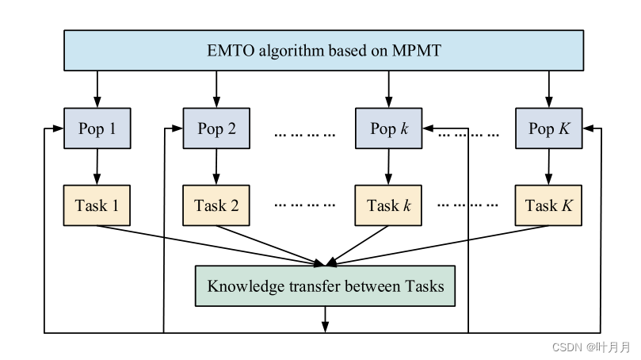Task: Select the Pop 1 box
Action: point(97,128)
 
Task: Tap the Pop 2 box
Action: point(216,128)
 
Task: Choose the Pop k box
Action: point(388,128)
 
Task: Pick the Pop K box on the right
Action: point(548,128)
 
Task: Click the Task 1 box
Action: point(97,205)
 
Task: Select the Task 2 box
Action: point(216,205)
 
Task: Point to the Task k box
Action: point(388,205)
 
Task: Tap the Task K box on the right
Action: point(548,205)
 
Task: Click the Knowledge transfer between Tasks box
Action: point(325,286)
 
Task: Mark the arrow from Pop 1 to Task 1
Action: point(97,167)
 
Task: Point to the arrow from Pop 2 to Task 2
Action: point(216,167)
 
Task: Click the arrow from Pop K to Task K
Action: point(548,167)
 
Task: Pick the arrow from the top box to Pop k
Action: point(388,89)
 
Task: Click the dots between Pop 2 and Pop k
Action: point(305,133)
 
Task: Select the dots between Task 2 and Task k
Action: point(305,205)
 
